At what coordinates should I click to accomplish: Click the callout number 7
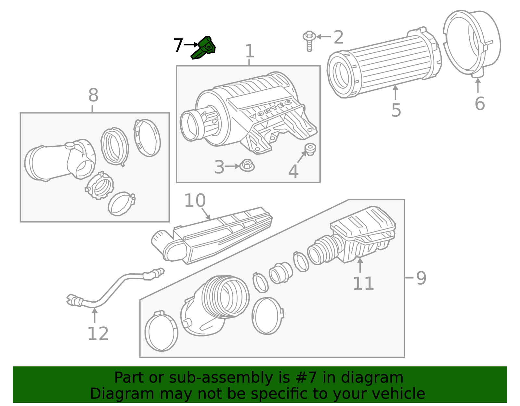pos(178,46)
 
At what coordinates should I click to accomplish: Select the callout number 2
pos(338,37)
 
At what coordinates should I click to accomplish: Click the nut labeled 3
pos(247,166)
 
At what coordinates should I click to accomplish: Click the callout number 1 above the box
pos(249,51)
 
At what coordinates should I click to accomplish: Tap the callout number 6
pos(479,104)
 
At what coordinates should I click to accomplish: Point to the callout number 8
pos(93,96)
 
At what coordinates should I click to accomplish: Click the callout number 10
pos(195,201)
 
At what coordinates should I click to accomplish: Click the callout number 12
pos(98,334)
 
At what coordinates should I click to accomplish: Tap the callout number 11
pos(363,283)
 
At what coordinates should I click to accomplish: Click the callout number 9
pos(421,278)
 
